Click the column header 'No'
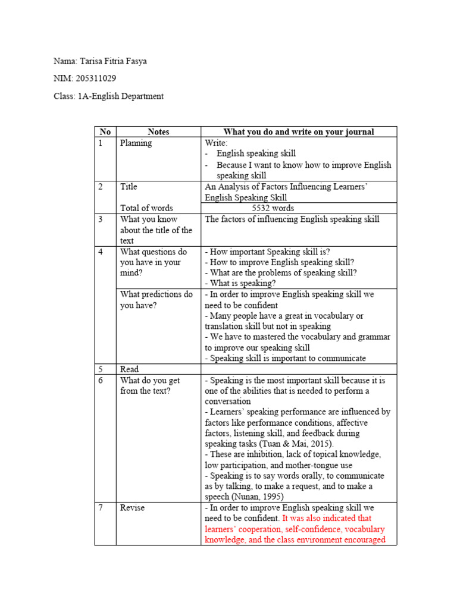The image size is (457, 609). [105, 132]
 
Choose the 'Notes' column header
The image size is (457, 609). [158, 132]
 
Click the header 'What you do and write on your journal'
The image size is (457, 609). [299, 132]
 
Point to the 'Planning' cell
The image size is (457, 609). [136, 143]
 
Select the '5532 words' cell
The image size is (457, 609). [273, 208]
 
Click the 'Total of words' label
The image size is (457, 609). [146, 208]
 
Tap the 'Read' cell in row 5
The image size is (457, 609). [129, 369]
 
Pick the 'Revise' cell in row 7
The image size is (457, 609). [132, 508]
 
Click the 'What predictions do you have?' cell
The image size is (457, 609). [156, 300]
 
